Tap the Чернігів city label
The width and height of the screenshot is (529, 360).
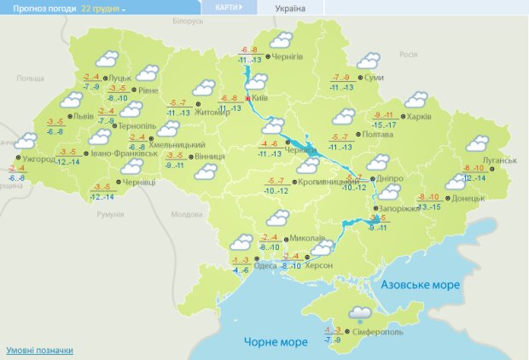coord(288,56)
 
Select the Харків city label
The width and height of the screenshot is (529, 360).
coord(418,117)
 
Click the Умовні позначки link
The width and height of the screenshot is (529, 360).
coord(39,351)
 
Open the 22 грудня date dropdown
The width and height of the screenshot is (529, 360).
coord(103,8)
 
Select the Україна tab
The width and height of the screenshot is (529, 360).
coord(288,9)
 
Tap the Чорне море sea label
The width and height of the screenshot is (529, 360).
coord(275,342)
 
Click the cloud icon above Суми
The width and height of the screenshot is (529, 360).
coord(368,61)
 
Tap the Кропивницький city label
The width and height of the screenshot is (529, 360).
coord(326,183)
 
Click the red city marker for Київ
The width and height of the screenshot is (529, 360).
coord(248,99)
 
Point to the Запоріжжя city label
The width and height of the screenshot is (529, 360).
coord(400,208)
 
